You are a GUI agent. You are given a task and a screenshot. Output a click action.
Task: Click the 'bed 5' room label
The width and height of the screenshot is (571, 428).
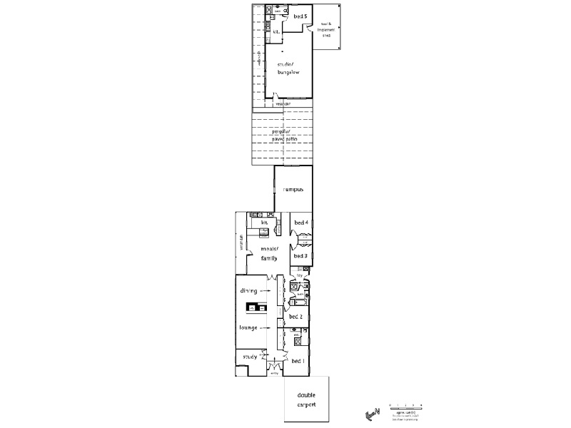(x=300, y=16)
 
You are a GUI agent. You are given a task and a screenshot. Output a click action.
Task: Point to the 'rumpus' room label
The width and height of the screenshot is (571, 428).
(x=293, y=190)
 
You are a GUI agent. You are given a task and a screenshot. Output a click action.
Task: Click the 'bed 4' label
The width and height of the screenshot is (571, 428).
(x=300, y=223)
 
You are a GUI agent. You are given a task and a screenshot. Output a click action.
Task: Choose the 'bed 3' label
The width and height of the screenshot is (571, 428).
(x=300, y=255)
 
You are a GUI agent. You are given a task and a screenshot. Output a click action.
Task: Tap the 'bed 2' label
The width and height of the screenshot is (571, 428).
(x=297, y=316)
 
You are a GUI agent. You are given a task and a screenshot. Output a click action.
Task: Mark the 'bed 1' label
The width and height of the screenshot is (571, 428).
(x=298, y=361)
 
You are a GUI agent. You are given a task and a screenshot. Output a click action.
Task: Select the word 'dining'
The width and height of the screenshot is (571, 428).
(x=248, y=291)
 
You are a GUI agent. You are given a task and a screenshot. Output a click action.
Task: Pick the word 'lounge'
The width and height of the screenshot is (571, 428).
(x=248, y=327)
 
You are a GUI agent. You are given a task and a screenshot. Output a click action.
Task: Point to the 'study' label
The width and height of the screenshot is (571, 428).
(x=250, y=357)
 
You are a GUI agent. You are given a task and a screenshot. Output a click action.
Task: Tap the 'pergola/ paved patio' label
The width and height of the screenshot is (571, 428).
(x=283, y=136)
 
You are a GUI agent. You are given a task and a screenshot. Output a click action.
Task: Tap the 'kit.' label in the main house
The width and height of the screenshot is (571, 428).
(x=263, y=223)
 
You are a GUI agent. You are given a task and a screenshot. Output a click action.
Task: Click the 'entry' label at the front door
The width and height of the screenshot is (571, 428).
(x=274, y=373)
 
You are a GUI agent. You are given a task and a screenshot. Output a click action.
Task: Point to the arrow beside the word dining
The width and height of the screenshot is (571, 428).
(x=265, y=291)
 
